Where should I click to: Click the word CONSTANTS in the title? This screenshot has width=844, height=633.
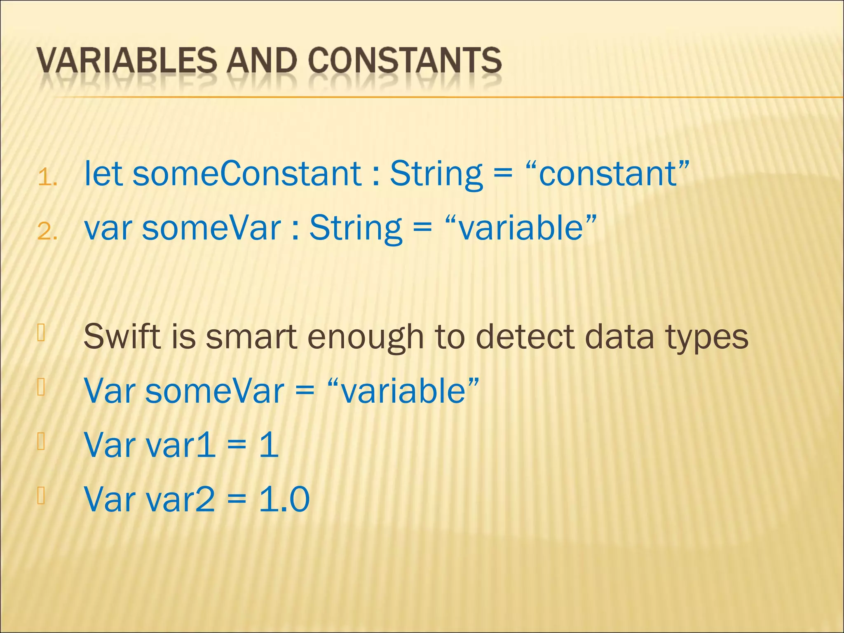[x=405, y=61]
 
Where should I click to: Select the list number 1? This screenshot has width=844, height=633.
[x=47, y=178]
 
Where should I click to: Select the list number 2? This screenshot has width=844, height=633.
[x=47, y=232]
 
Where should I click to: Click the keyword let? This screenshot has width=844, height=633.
[x=103, y=173]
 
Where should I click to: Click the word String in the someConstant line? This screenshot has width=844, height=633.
[x=436, y=174]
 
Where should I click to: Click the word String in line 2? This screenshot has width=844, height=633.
[x=355, y=229]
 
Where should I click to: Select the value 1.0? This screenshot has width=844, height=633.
[x=284, y=499]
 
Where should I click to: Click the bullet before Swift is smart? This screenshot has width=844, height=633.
[x=41, y=333]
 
